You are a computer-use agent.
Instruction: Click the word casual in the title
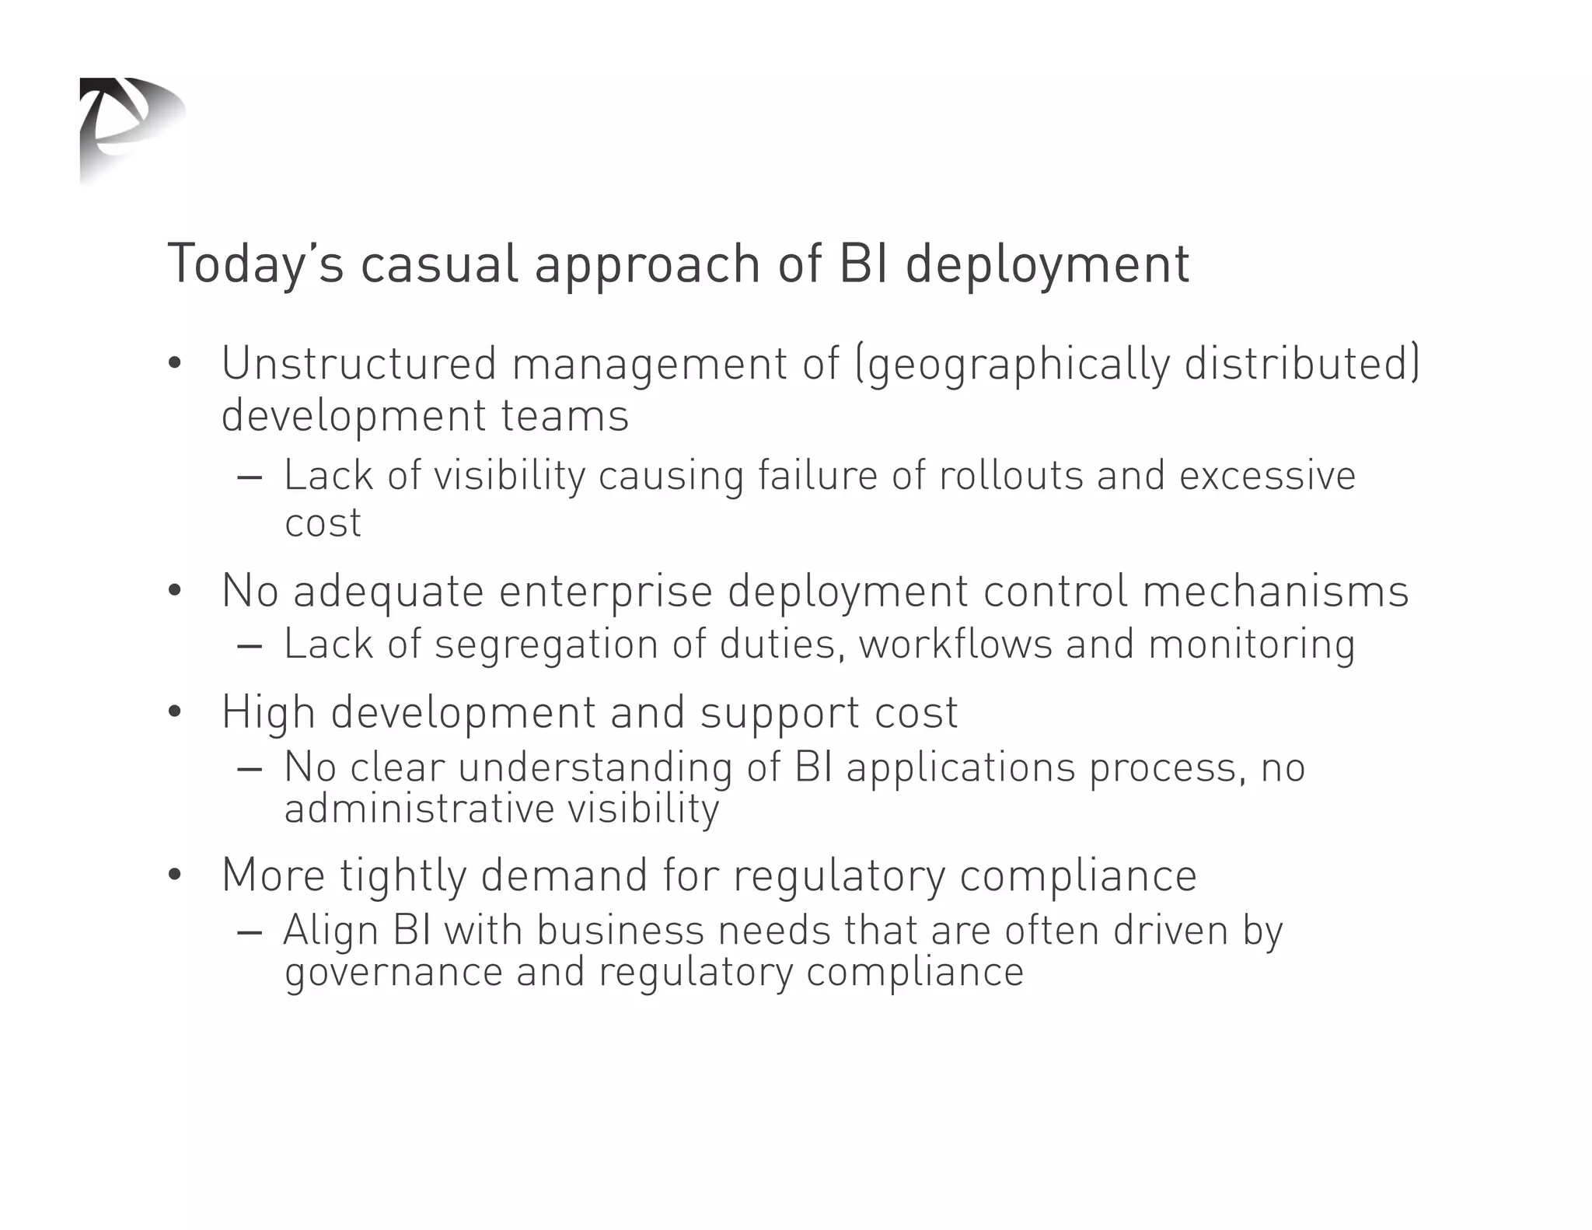point(439,264)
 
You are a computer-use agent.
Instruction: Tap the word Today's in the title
point(255,264)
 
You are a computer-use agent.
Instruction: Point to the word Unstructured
point(358,363)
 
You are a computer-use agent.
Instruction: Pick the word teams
point(564,415)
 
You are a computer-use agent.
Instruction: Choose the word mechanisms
point(1275,591)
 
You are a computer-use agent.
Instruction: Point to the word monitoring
point(1252,645)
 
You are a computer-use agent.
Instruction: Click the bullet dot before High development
point(174,712)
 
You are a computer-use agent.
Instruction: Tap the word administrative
point(419,808)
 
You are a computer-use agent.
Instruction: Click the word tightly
point(403,876)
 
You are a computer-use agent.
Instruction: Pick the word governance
point(393,973)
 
